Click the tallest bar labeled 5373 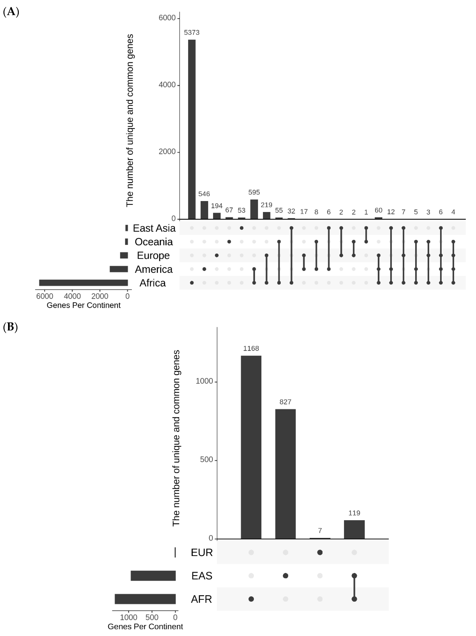192,129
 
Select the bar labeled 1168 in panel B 251,447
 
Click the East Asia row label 154,228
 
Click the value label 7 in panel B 320,530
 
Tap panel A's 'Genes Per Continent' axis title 83,305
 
